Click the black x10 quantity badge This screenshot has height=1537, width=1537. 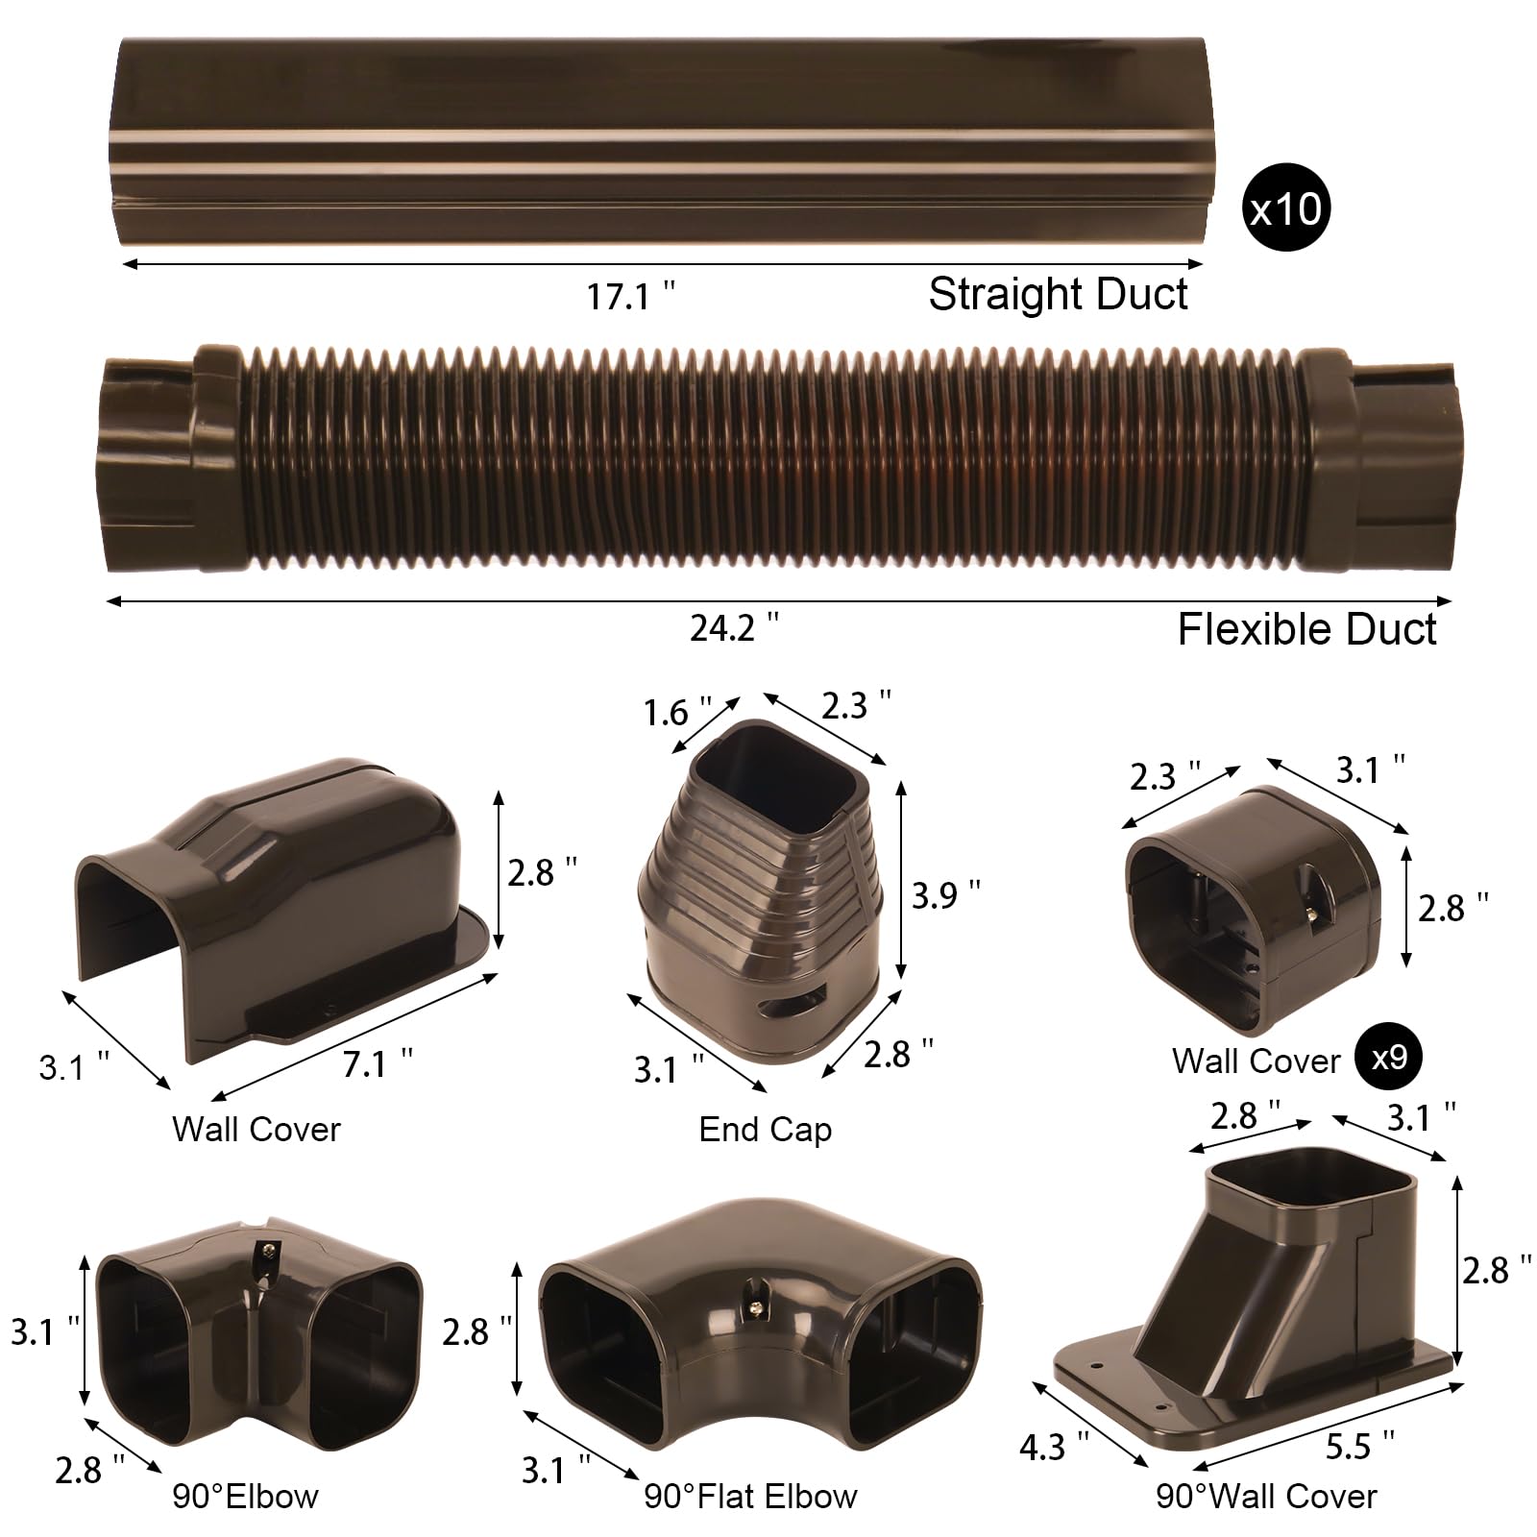[x=1287, y=208]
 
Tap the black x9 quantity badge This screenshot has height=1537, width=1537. [x=1388, y=1058]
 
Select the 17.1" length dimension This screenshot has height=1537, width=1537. [x=631, y=296]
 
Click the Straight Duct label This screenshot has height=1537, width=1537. [x=1058, y=294]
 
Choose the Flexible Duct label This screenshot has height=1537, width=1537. [x=1306, y=630]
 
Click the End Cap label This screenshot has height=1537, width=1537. [x=765, y=1129]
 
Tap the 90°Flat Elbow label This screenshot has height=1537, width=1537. [x=750, y=1496]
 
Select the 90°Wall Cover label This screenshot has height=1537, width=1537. [x=1266, y=1496]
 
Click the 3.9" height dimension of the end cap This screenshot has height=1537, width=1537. [x=945, y=894]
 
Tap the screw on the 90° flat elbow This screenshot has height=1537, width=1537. [x=757, y=1307]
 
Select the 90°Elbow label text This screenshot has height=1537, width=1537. [x=245, y=1496]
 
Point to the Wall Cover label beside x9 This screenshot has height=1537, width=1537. [x=1256, y=1061]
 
